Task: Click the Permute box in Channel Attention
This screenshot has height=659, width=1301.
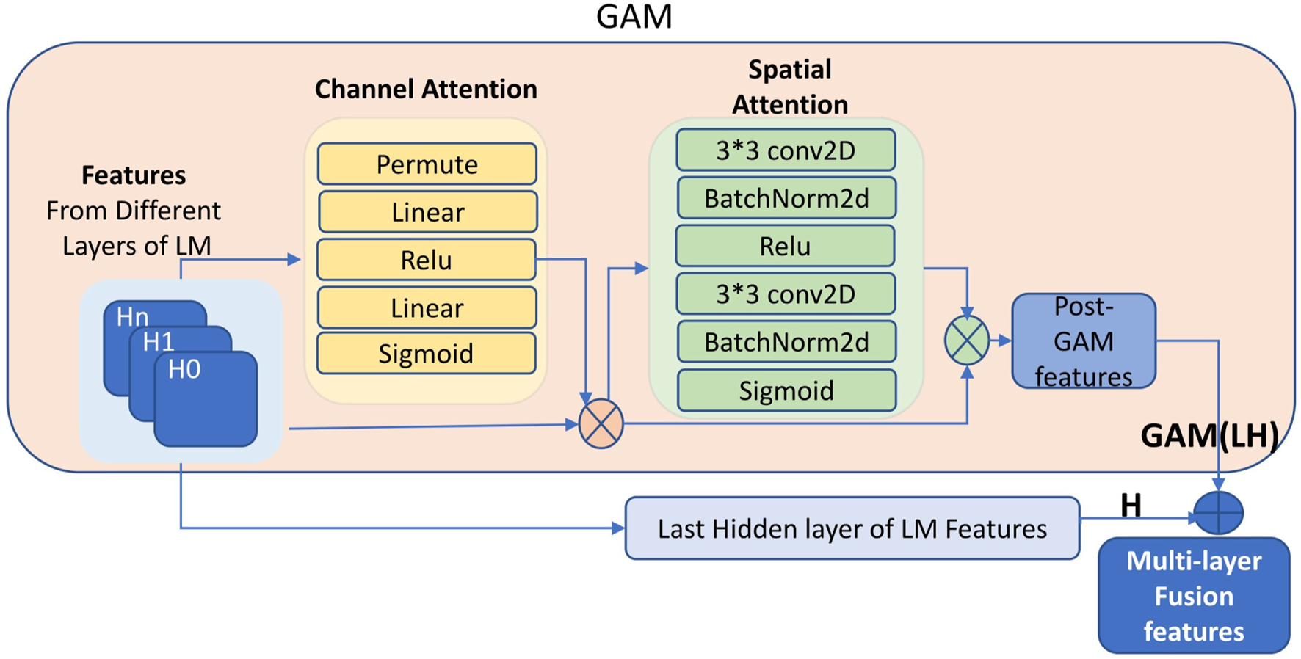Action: [427, 164]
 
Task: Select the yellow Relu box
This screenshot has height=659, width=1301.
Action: [426, 260]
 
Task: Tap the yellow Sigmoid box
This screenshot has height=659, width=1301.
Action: [426, 354]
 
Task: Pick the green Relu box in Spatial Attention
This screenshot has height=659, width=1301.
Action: [785, 246]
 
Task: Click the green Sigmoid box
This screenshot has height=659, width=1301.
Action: [786, 390]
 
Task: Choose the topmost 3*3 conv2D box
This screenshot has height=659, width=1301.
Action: [786, 150]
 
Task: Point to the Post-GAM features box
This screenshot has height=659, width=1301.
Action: [1084, 341]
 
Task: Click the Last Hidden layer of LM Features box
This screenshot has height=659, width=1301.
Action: [852, 528]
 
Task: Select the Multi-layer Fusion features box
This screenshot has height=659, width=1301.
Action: [1194, 596]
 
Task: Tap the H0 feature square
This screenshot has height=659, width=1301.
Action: [206, 400]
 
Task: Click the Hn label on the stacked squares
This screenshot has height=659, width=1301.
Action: [133, 317]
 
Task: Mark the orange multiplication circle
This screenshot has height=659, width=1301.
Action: [601, 424]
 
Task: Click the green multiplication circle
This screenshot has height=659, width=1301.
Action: [967, 341]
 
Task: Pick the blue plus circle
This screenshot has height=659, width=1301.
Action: [1218, 512]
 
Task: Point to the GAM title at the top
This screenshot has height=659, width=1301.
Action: [634, 17]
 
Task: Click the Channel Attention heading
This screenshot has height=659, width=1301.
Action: [426, 89]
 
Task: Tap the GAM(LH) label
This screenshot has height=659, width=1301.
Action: [1209, 435]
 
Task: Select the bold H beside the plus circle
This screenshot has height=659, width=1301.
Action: [1131, 505]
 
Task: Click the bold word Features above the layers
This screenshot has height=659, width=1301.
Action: [134, 175]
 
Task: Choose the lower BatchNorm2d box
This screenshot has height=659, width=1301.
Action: [786, 342]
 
